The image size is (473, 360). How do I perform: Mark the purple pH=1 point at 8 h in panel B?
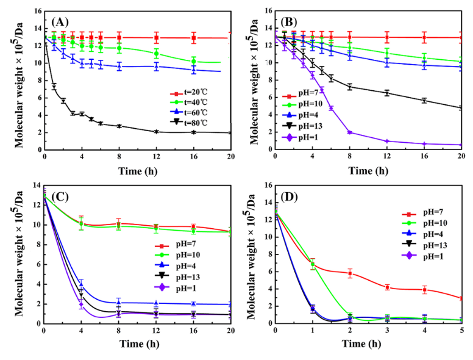(350, 132)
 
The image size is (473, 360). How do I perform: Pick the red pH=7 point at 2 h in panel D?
(350, 273)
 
